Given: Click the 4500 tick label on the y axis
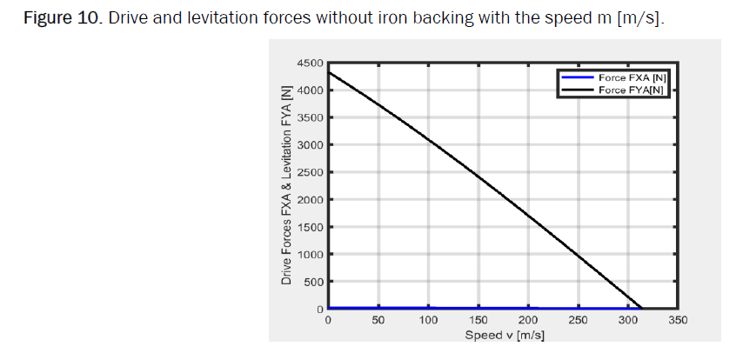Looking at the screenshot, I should pyautogui.click(x=311, y=63).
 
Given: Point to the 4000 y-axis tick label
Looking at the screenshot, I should pyautogui.click(x=311, y=90).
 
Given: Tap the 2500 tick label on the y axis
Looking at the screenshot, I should pyautogui.click(x=311, y=172).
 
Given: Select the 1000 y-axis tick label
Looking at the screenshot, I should pyautogui.click(x=311, y=255).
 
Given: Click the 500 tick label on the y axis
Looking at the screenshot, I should pyautogui.click(x=313, y=282).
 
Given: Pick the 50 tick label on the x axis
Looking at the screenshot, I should pyautogui.click(x=378, y=321).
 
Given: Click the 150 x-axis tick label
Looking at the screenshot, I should pyautogui.click(x=478, y=321).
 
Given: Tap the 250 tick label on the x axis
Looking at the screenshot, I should pyautogui.click(x=578, y=321).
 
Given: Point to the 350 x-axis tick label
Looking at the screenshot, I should pyautogui.click(x=678, y=321).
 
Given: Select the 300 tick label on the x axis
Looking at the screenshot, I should pyautogui.click(x=628, y=321).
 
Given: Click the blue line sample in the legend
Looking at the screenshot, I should pyautogui.click(x=577, y=78).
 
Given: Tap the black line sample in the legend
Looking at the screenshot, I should pyautogui.click(x=577, y=89).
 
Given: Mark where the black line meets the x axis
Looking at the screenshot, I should pyautogui.click(x=642, y=309).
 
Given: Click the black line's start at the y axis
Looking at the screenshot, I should pyautogui.click(x=328, y=71).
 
